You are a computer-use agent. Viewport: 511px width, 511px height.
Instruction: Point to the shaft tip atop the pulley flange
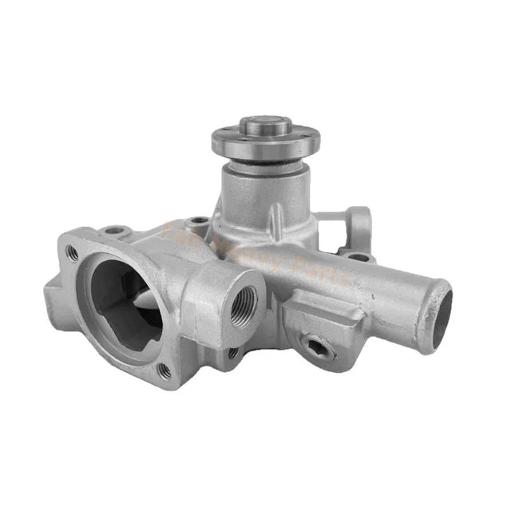pos(259,127)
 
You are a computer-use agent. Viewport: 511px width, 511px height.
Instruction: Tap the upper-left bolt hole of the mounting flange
pos(73,253)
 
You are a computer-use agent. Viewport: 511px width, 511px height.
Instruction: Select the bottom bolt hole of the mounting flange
pos(164,370)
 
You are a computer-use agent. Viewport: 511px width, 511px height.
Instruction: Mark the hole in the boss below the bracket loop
pos(360,256)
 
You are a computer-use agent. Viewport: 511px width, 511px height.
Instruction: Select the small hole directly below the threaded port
pos(232,351)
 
